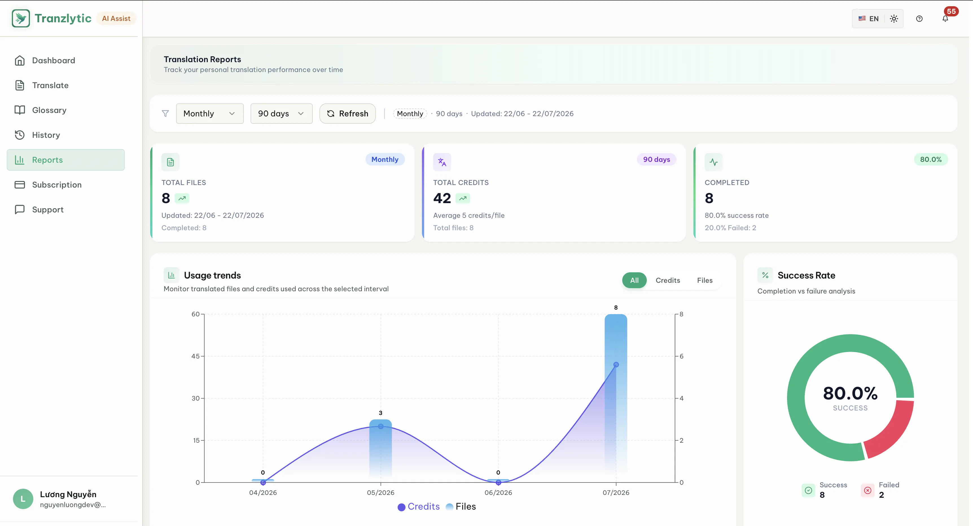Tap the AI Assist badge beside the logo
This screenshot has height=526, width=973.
tap(116, 19)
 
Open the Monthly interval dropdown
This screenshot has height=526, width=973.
tap(210, 114)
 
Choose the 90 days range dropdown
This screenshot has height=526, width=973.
tap(281, 114)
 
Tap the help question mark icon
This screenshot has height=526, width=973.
tap(919, 19)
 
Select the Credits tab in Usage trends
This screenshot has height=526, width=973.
tap(668, 280)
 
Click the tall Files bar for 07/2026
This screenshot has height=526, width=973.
tap(616, 393)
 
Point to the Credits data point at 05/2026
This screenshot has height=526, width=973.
tap(381, 426)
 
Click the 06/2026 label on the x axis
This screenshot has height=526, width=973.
tap(498, 492)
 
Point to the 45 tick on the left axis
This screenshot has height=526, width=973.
tap(195, 356)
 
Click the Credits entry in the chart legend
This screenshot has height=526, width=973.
tap(418, 506)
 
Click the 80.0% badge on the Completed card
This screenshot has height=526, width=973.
tap(931, 159)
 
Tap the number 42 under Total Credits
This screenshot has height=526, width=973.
tap(442, 198)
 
